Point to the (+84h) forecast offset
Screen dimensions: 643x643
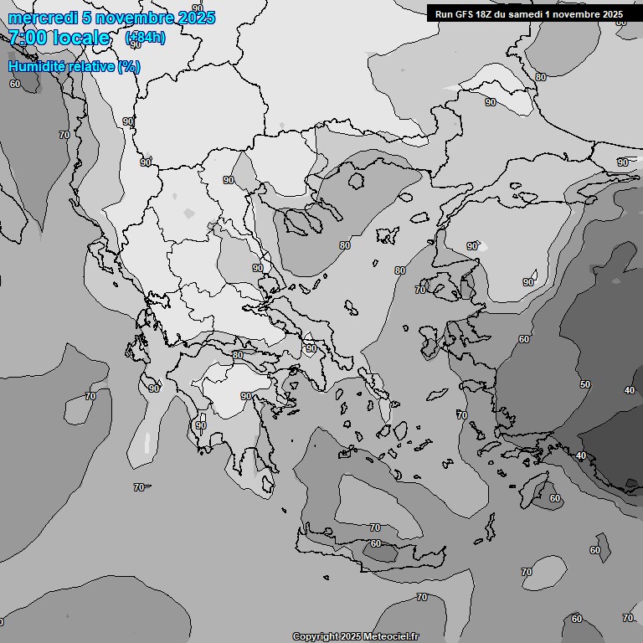point(145,38)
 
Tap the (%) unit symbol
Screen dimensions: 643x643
point(129,66)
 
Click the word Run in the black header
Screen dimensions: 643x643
point(445,13)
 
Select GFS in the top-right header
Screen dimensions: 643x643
point(465,13)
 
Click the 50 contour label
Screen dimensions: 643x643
point(584,384)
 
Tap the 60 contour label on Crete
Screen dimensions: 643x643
point(376,543)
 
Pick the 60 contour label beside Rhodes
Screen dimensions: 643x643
point(555,498)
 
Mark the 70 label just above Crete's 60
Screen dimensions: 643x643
point(375,527)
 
